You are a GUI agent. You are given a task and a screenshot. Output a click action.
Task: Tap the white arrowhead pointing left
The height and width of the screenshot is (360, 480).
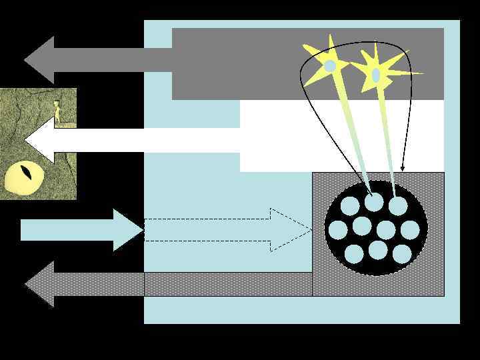(40, 140)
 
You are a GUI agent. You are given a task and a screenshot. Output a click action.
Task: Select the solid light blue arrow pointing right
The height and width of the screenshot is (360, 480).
(80, 230)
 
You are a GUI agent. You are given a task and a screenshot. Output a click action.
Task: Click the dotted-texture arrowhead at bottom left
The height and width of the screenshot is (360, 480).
(40, 284)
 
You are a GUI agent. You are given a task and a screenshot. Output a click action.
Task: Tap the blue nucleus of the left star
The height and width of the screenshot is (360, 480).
(329, 66)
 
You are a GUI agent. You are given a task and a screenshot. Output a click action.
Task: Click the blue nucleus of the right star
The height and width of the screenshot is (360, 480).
(376, 75)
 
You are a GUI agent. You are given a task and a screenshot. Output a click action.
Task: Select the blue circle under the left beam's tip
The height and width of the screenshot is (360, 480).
(374, 201)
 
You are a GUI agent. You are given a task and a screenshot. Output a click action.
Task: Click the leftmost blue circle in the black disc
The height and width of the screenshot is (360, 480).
(338, 230)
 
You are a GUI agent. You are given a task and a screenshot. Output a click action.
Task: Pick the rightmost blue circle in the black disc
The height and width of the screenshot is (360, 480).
(410, 230)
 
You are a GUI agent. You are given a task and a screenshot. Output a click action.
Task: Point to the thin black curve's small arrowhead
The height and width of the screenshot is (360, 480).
(402, 168)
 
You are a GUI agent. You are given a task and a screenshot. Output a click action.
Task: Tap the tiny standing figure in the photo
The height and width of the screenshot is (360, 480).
(57, 110)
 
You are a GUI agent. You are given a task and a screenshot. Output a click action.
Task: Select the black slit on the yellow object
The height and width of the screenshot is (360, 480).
(25, 173)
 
